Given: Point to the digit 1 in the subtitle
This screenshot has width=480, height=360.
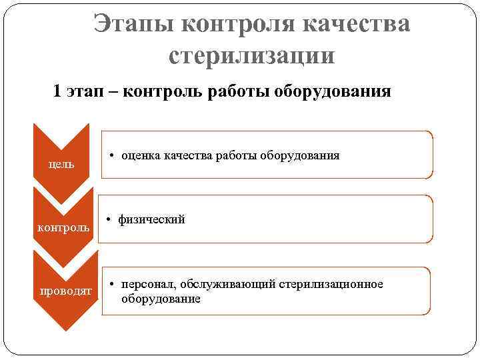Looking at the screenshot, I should (58, 91).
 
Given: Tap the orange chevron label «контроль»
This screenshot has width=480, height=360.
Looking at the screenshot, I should (63, 227).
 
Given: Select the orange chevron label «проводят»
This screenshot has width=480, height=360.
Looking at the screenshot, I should (66, 292).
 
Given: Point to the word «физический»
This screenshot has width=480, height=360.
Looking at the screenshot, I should (151, 219).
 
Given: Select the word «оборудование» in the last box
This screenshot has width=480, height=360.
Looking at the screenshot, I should (161, 299).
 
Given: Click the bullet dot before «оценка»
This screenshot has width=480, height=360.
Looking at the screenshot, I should (111, 156).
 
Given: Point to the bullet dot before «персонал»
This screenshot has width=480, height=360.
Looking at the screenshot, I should (111, 285).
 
